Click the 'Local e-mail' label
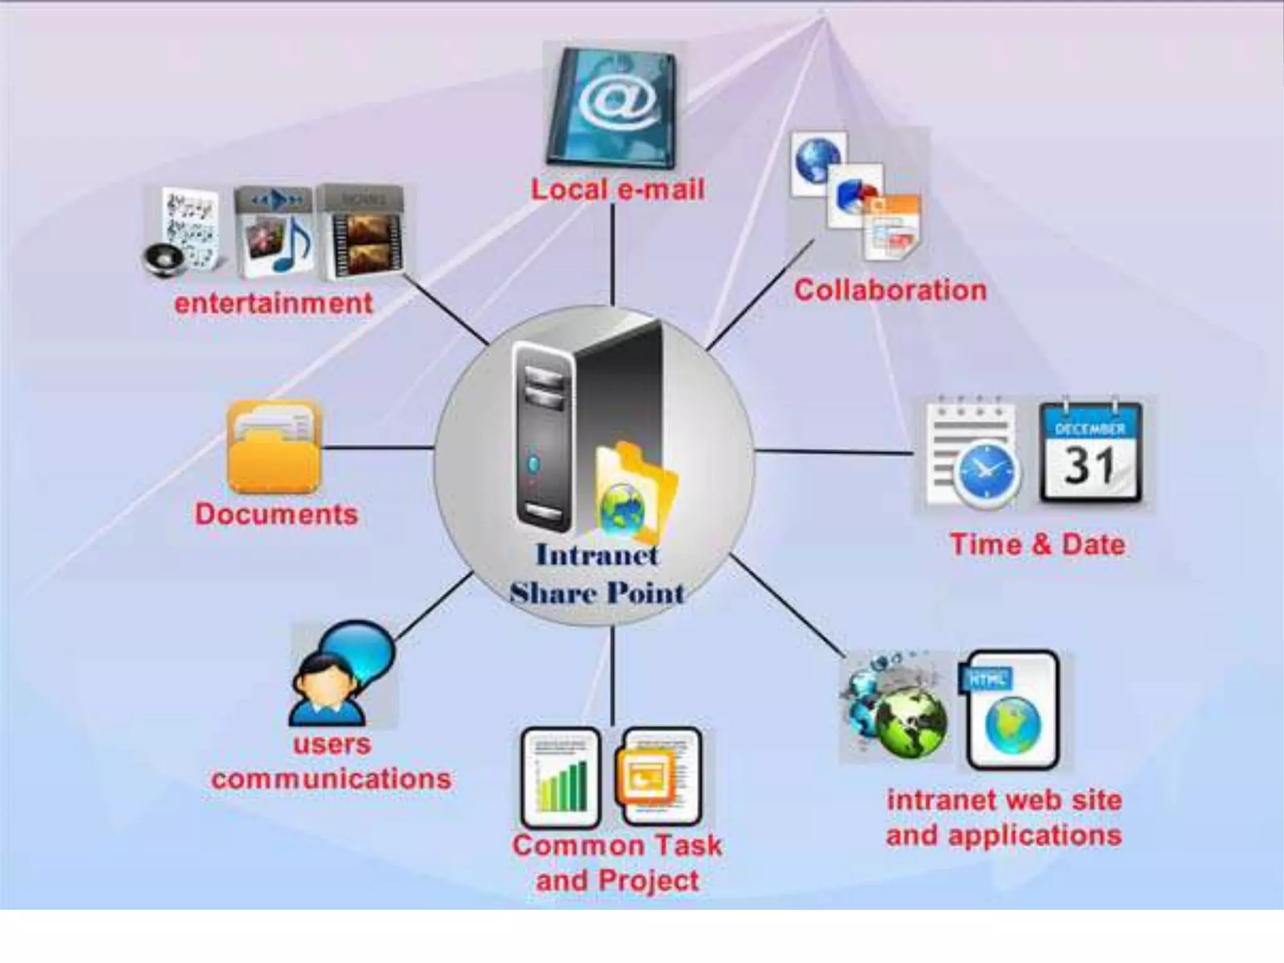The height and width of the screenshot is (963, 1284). click(x=618, y=189)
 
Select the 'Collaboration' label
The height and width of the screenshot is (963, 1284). click(x=890, y=291)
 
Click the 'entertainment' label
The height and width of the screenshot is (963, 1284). click(x=273, y=304)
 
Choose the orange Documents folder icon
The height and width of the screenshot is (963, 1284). click(x=275, y=448)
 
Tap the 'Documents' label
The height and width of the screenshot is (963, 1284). click(x=276, y=515)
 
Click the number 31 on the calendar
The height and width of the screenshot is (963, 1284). click(x=1090, y=467)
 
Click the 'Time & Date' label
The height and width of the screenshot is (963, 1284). click(x=1038, y=544)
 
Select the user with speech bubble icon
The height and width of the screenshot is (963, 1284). click(x=342, y=674)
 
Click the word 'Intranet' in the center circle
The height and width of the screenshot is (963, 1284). click(x=597, y=555)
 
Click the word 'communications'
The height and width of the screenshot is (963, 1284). click(x=331, y=779)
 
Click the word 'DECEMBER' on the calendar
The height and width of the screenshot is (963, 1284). click(x=1090, y=429)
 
